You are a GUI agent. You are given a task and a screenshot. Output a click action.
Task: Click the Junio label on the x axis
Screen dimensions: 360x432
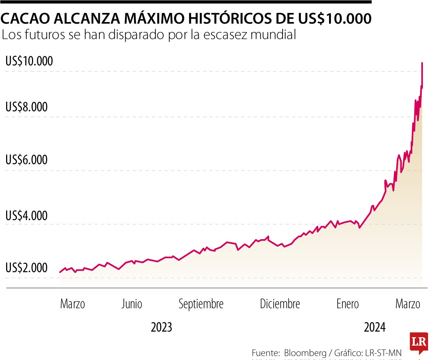pyautogui.click(x=131, y=304)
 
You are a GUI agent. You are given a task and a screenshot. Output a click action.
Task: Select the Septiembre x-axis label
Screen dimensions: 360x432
pyautogui.click(x=201, y=304)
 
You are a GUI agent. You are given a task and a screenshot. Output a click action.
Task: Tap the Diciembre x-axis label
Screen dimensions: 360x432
pyautogui.click(x=280, y=304)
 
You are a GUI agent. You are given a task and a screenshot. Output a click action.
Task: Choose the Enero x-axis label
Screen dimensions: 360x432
pyautogui.click(x=347, y=304)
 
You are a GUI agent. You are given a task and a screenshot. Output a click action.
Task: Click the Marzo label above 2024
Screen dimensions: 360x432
pyautogui.click(x=408, y=304)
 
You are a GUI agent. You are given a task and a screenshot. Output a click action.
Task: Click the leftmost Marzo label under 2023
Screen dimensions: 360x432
pyautogui.click(x=72, y=304)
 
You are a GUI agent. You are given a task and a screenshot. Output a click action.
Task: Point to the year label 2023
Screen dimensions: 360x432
pyautogui.click(x=161, y=328)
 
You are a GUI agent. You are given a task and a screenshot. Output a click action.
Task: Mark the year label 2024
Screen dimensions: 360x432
pyautogui.click(x=375, y=328)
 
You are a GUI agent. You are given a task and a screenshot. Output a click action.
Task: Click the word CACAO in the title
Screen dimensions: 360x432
pyautogui.click(x=26, y=19)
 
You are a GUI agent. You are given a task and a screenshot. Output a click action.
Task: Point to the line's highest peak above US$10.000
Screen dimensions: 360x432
pyautogui.click(x=422, y=63)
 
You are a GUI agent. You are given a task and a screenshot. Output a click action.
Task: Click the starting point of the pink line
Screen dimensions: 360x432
pyautogui.click(x=60, y=272)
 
